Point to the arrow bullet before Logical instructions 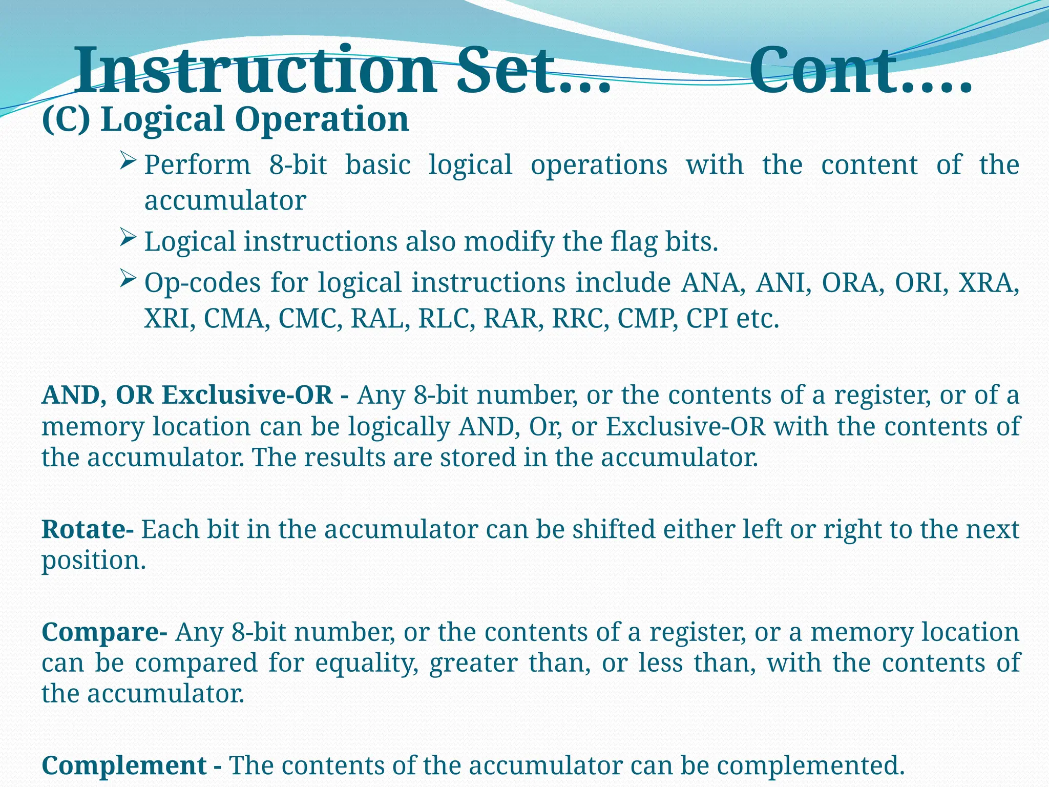[x=128, y=238]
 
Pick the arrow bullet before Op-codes [x=128, y=279]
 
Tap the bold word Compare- [x=104, y=632]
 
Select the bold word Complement [x=124, y=765]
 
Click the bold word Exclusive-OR [x=247, y=395]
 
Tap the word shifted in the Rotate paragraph [x=614, y=529]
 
